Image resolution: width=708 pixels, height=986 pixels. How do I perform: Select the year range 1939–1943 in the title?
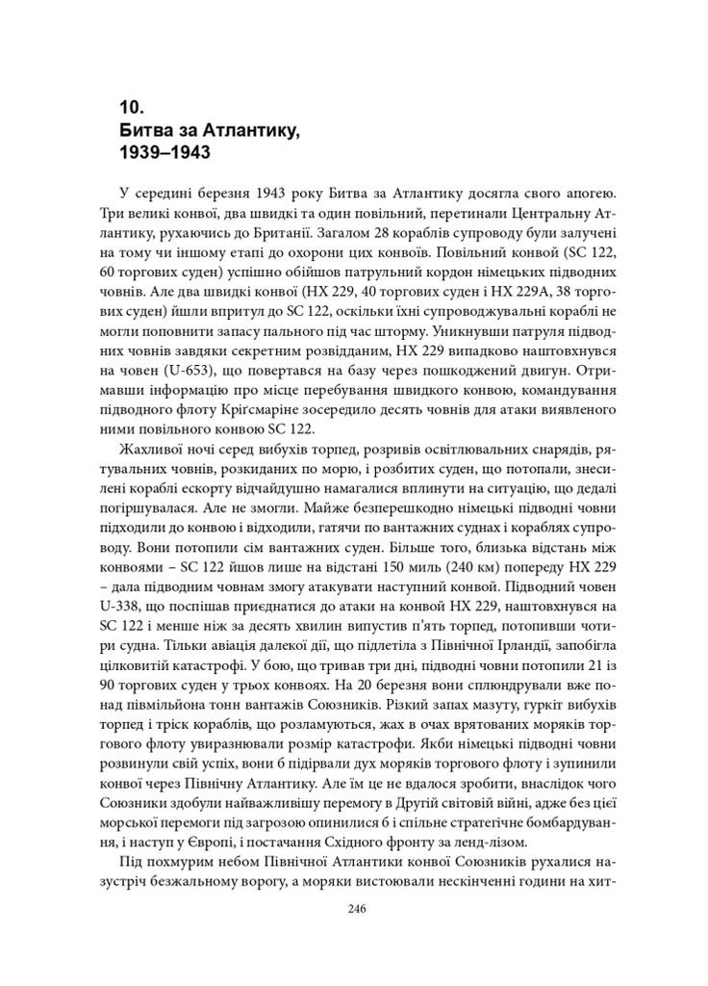(x=164, y=152)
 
